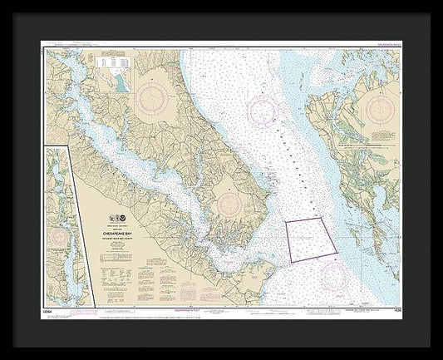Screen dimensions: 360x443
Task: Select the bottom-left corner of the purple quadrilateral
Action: [292, 261]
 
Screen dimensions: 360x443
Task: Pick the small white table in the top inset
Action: [108, 62]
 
